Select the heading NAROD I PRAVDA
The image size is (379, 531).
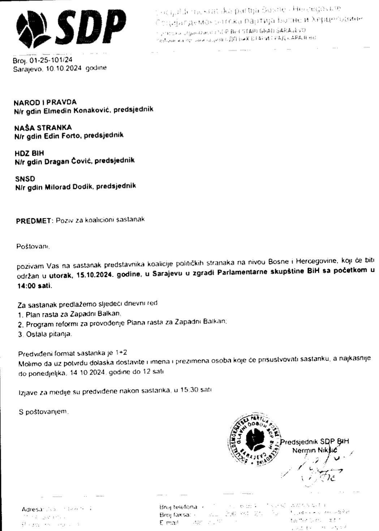(45, 103)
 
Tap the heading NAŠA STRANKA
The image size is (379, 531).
(43, 128)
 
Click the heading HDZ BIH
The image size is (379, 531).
(29, 153)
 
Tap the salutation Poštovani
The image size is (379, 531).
(33, 247)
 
